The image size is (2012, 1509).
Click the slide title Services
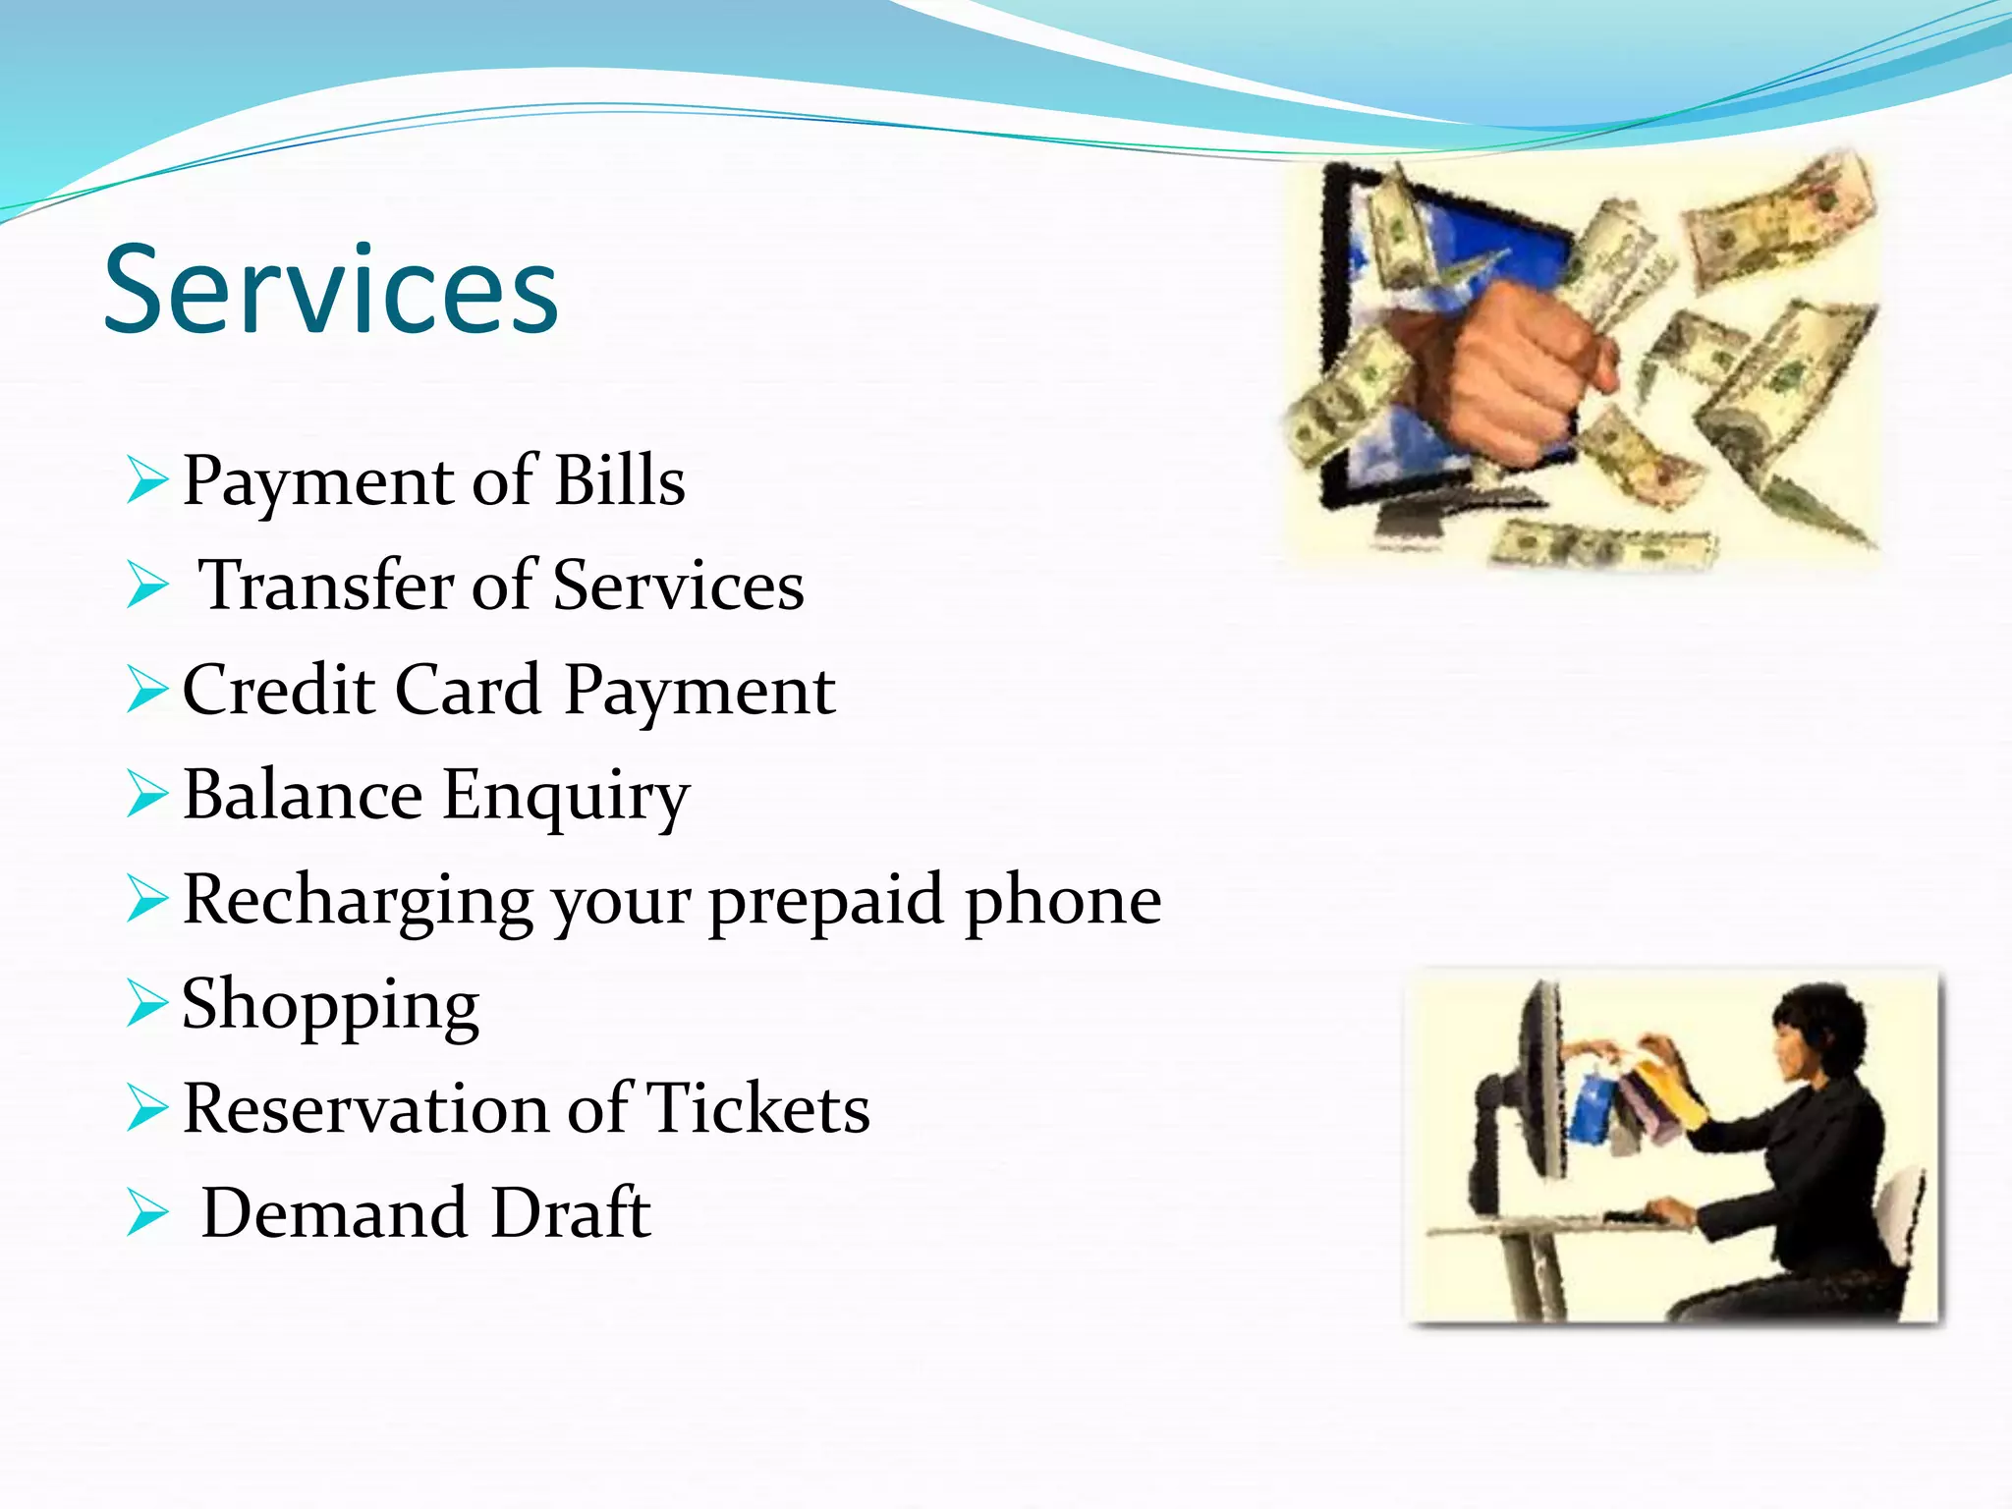[x=331, y=290]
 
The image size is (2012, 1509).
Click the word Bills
[x=619, y=481]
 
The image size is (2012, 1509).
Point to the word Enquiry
[x=565, y=796]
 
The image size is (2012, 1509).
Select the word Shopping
[x=330, y=1006]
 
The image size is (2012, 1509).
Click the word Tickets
[x=757, y=1109]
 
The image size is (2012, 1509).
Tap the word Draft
[x=570, y=1213]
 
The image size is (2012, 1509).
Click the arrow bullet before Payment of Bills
[x=147, y=483]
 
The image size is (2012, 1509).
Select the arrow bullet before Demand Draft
[x=147, y=1215]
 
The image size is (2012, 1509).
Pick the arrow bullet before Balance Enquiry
[x=147, y=796]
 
